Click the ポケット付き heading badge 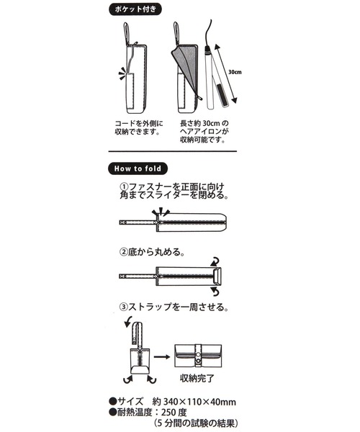135,9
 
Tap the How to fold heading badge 138,168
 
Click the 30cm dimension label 235,72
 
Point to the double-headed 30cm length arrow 225,73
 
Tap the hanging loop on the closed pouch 127,32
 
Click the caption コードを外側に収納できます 138,127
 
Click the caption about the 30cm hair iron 204,132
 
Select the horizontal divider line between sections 173,151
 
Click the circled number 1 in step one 124,186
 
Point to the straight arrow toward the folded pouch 162,357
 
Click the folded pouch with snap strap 198,356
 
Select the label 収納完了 197,379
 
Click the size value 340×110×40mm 200,402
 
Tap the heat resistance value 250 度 174,412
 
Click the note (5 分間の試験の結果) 196,423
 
